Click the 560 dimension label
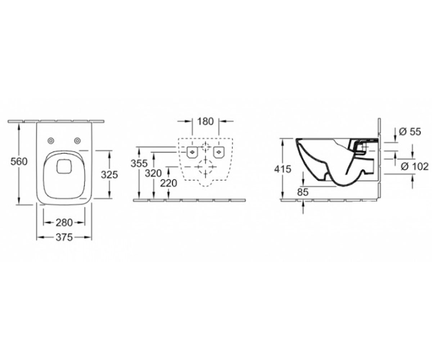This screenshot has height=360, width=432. click(x=19, y=162)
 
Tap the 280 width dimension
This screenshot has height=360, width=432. click(x=64, y=222)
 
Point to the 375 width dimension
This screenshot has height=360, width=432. click(x=64, y=237)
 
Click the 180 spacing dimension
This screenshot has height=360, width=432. click(x=205, y=121)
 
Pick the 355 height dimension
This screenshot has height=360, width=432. click(x=139, y=164)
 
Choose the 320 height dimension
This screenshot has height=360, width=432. click(x=153, y=174)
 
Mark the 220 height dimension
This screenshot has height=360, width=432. click(x=168, y=183)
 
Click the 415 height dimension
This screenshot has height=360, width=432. click(x=283, y=169)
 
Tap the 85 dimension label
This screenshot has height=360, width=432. click(x=303, y=192)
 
